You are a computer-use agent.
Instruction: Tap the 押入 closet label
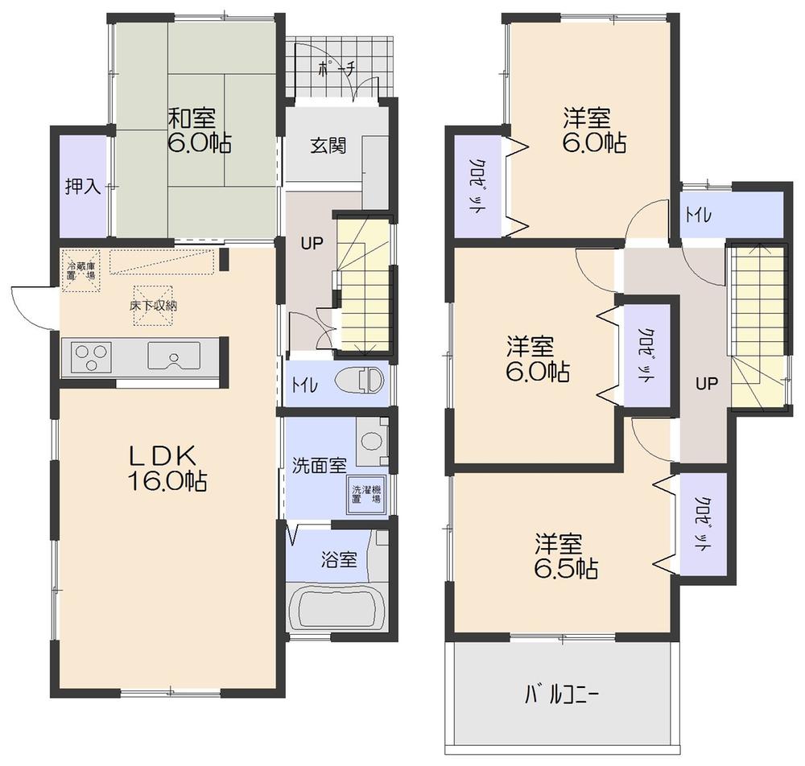82,187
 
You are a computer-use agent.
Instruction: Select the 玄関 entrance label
328,146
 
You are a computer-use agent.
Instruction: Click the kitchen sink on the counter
173,355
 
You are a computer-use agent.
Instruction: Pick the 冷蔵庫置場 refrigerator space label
81,270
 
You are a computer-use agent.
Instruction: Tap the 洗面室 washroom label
319,465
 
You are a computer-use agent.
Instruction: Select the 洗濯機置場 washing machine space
365,492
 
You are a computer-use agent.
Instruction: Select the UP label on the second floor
706,383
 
